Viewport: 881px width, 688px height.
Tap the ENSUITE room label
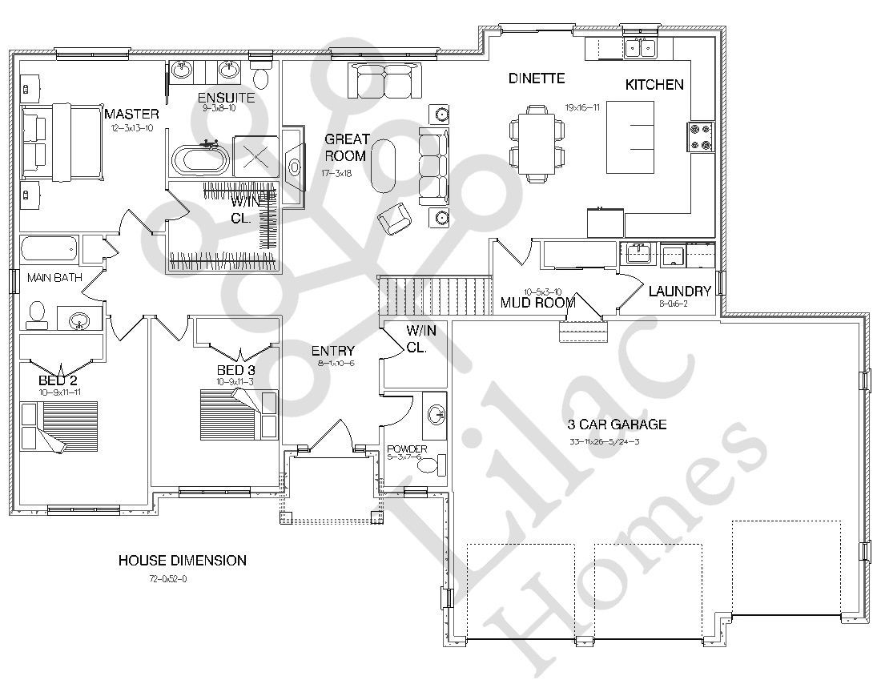226,98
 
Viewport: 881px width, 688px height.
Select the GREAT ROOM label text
345,147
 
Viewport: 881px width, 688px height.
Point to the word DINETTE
537,78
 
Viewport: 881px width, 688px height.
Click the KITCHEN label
654,84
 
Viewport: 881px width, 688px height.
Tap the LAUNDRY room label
680,291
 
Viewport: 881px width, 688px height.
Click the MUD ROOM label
538,302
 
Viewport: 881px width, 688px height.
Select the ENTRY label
332,351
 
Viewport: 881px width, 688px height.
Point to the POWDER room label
407,449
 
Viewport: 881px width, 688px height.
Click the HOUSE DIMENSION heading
182,561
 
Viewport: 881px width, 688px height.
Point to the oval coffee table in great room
384,164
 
